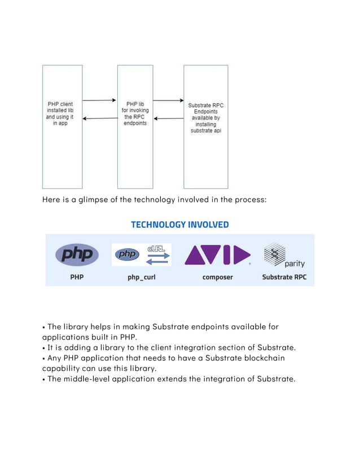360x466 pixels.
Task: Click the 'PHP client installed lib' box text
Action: pos(60,113)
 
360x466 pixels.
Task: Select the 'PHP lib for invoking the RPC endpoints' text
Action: pos(135,113)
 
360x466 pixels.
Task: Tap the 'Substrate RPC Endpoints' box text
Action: pos(205,118)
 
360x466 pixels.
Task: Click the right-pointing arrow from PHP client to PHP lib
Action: pos(99,100)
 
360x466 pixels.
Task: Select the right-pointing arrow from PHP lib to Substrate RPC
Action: pos(168,100)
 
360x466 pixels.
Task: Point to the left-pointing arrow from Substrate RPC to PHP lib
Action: pos(168,118)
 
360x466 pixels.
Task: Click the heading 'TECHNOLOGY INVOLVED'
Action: pos(180,225)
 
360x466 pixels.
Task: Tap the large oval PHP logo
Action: pos(77,255)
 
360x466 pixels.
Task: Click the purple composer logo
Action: pos(217,255)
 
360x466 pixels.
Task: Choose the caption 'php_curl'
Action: pos(141,277)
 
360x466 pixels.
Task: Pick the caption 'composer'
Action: pos(217,277)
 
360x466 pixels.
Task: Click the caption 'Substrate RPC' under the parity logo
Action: pos(284,277)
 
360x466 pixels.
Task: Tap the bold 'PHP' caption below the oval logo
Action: pos(77,277)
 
